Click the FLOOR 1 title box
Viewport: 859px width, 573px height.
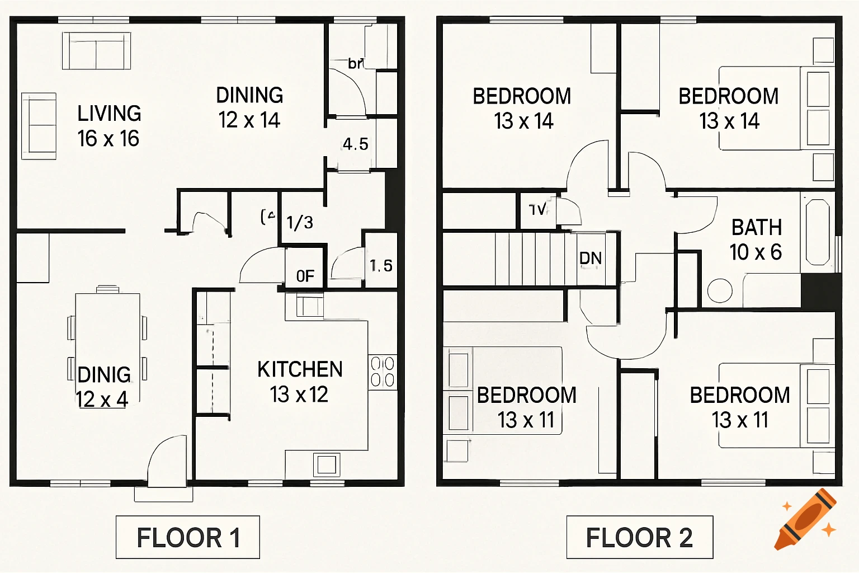click(187, 537)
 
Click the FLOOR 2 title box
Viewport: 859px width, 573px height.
click(639, 537)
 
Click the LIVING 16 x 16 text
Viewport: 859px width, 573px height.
click(109, 126)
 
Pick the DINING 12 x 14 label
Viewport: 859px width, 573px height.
click(249, 107)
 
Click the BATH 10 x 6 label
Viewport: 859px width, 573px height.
click(756, 239)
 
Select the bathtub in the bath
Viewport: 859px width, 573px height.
click(818, 232)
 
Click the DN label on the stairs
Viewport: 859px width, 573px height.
click(591, 259)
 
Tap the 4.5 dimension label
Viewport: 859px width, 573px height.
click(356, 144)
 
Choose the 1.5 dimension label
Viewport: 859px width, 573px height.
click(381, 266)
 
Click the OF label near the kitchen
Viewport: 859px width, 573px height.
click(305, 276)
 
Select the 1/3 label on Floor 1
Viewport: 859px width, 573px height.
click(300, 223)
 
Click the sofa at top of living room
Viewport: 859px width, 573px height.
click(96, 50)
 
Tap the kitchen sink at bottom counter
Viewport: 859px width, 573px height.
click(326, 464)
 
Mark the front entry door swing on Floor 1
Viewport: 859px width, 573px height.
click(167, 462)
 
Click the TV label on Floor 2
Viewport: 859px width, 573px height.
click(537, 210)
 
